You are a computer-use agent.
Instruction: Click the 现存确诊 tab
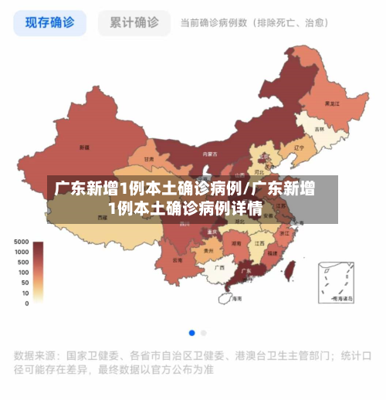[x=49, y=22]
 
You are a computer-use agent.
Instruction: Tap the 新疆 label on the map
[x=84, y=147]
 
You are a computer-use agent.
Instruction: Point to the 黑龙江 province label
[x=333, y=103]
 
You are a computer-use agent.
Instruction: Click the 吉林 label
[x=320, y=129]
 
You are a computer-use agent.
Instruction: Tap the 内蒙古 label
[x=208, y=154]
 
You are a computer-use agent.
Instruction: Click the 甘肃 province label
[x=149, y=159]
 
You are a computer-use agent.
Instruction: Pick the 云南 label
[x=178, y=260]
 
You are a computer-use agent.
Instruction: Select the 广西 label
[x=219, y=267]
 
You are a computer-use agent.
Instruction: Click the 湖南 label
[x=236, y=242]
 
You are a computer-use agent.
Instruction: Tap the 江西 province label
[x=259, y=242]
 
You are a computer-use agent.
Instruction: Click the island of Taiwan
[x=290, y=269]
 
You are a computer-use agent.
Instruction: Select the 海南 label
[x=237, y=297]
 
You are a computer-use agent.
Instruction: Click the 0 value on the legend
[x=26, y=303]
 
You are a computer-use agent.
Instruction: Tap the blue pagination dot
[x=191, y=333]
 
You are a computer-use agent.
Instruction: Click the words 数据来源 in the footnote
[x=36, y=356]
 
